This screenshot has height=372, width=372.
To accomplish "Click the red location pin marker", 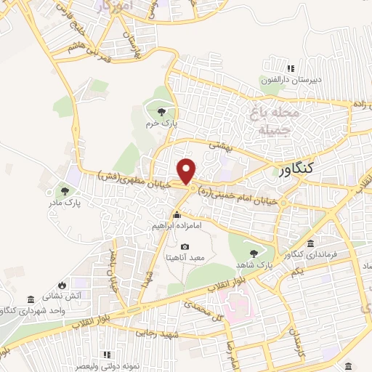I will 187,171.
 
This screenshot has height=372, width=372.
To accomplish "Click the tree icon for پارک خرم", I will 161,111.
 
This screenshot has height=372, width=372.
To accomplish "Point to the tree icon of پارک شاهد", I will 253,254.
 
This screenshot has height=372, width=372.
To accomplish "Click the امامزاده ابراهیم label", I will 176,227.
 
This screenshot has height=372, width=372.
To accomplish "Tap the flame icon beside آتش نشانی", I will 62,283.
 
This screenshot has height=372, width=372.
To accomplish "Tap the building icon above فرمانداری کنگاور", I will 311,243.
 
